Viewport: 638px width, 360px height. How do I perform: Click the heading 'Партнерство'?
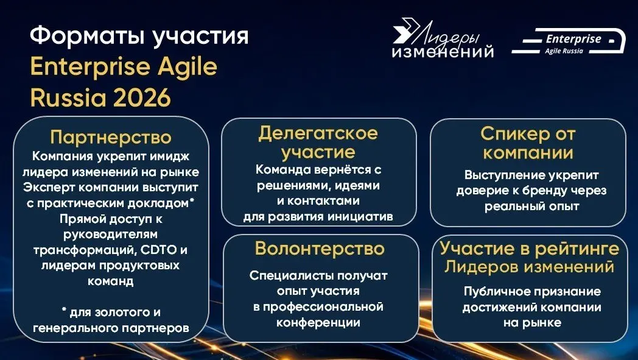tap(111, 137)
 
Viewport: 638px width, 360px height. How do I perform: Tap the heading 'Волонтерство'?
tap(320, 249)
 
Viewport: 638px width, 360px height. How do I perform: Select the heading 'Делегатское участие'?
tap(318, 142)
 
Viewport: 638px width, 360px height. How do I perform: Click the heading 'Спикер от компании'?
tap(527, 143)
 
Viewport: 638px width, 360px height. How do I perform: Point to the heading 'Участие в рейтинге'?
tap(529, 249)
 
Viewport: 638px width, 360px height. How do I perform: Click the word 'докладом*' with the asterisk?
tap(167, 202)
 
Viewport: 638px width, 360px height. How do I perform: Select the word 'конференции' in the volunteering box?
tap(318, 322)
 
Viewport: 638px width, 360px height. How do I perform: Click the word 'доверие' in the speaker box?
tap(480, 191)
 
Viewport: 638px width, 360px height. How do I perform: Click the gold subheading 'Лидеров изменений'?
tap(529, 267)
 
